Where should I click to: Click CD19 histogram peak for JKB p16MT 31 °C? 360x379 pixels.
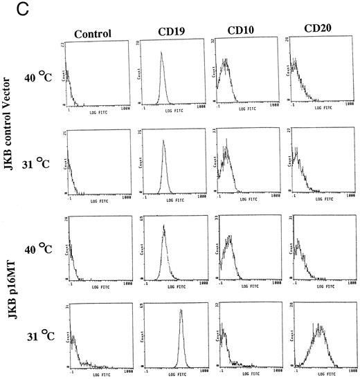click(181, 311)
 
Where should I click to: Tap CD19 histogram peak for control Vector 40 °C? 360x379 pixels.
click(162, 53)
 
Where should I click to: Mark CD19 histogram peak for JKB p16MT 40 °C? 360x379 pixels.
click(163, 227)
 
